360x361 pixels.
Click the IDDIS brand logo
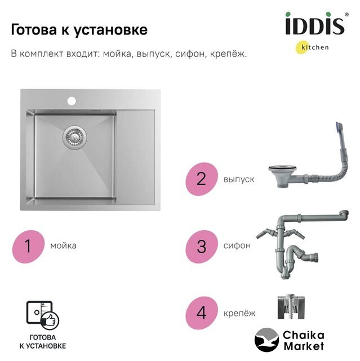coord(316,24)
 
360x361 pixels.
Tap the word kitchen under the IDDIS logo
coord(315,47)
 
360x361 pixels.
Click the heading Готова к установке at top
coord(79,30)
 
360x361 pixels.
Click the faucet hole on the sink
coord(72,101)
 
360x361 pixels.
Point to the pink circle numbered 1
coord(28,246)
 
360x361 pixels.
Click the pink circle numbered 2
coord(201,179)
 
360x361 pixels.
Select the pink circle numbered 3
coord(201,246)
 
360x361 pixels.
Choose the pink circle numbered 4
coord(201,313)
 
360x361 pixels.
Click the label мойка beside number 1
coord(63,246)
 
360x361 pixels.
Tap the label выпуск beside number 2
coord(239,179)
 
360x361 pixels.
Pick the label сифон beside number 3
coord(237,246)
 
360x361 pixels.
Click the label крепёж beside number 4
coord(239,313)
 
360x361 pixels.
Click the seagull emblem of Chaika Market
coord(266,340)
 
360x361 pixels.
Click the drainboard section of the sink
coord(135,157)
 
